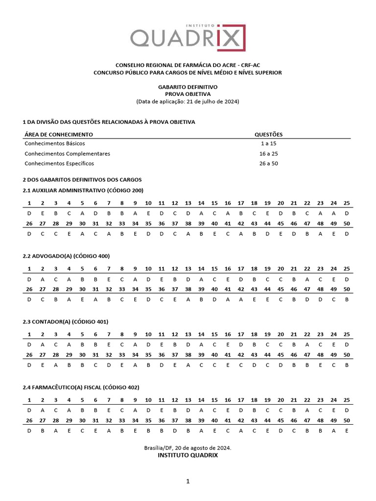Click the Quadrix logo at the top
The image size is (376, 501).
[188, 37]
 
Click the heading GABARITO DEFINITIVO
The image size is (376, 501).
[188, 87]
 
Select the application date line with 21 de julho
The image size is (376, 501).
[188, 101]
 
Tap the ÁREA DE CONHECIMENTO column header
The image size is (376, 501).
[58, 134]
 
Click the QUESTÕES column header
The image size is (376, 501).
[268, 134]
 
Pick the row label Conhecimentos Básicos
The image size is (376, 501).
[54, 143]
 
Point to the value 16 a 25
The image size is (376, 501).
[268, 154]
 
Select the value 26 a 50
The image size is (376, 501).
[268, 163]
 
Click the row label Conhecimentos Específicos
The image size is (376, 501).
[59, 163]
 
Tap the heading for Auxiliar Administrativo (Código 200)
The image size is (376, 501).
[83, 190]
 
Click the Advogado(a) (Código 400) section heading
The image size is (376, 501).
[66, 256]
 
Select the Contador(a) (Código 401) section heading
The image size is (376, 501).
[66, 321]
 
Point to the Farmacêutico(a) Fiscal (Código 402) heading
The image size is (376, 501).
[81, 387]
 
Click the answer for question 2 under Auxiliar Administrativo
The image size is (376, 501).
[43, 213]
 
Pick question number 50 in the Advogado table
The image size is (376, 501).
[347, 289]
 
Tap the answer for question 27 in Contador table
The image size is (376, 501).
[43, 365]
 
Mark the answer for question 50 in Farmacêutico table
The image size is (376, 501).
[347, 431]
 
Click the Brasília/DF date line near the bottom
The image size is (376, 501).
[188, 448]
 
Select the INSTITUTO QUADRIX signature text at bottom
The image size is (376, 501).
[188, 455]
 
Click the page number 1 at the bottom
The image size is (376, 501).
[188, 481]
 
